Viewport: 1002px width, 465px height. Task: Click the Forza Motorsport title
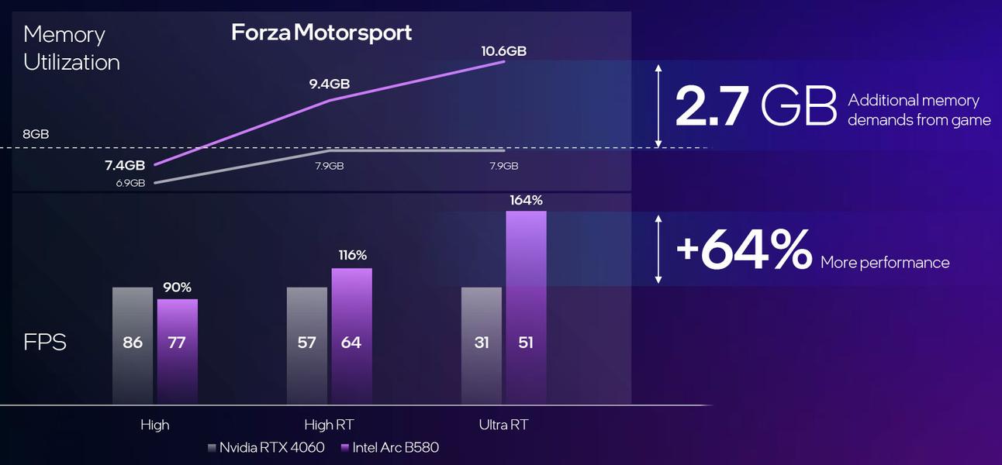point(322,33)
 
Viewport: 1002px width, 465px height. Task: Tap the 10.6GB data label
point(504,51)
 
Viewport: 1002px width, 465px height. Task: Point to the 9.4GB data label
point(329,84)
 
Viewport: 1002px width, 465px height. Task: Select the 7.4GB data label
point(125,165)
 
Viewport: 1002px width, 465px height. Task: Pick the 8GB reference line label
point(36,134)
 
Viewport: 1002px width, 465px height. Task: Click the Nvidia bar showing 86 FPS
point(133,346)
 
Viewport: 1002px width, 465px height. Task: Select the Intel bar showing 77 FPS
point(178,351)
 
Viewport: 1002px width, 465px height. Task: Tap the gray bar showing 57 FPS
point(307,346)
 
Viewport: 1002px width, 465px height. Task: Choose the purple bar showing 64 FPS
point(352,336)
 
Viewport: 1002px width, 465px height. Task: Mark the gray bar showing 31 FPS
point(482,346)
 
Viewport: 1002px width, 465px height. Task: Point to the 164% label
point(526,201)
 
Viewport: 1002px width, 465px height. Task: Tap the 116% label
point(352,255)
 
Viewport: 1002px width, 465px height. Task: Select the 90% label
point(178,288)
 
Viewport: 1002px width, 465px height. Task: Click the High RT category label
point(330,425)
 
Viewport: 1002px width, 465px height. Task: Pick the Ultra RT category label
point(504,425)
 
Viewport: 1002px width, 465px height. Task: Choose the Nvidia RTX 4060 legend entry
point(266,447)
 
